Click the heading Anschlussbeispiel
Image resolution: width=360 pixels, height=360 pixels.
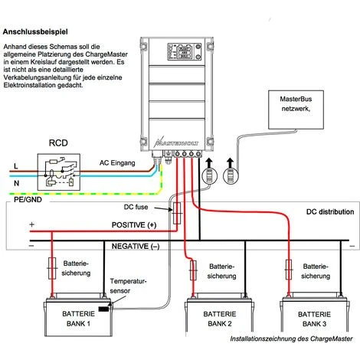[38, 33]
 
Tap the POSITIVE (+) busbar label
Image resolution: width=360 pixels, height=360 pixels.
[127, 226]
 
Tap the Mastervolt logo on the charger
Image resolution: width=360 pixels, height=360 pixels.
[178, 140]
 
